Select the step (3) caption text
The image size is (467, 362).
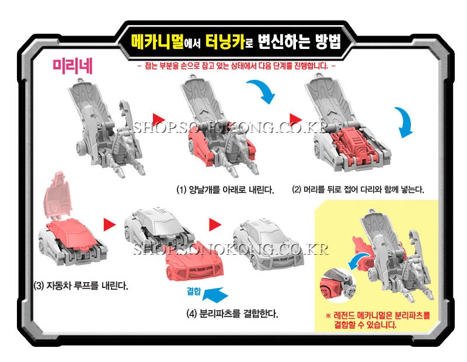pyautogui.click(x=81, y=286)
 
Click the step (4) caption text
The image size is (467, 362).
pyautogui.click(x=231, y=313)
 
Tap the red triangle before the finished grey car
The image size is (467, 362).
pyautogui.click(x=215, y=224)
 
